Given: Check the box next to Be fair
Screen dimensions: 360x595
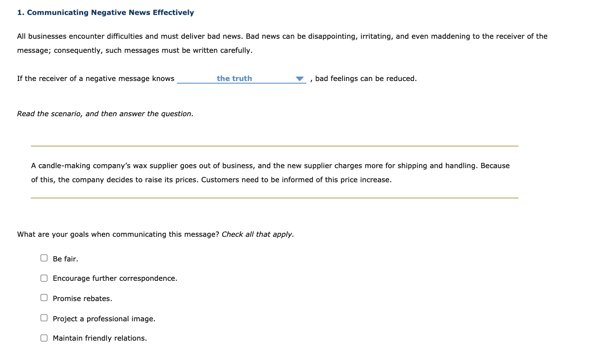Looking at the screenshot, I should click(x=44, y=258).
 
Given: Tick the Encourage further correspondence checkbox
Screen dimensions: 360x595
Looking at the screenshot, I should click(x=44, y=278).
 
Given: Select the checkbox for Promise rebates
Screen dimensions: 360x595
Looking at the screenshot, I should click(x=44, y=298).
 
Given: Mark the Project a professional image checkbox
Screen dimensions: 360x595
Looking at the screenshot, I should click(x=44, y=318).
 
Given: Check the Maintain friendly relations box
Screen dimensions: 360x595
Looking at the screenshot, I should click(x=44, y=338).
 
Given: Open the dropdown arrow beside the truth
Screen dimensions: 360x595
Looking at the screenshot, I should click(x=300, y=79).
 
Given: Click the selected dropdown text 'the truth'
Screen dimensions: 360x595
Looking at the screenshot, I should click(x=234, y=78).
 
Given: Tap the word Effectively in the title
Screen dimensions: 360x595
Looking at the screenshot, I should click(x=173, y=12).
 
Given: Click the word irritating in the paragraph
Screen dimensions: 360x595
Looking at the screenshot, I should click(x=376, y=36).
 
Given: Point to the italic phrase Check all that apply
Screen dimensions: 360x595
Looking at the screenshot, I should click(x=257, y=234).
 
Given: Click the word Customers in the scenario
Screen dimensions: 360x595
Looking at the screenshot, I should click(x=219, y=180).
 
